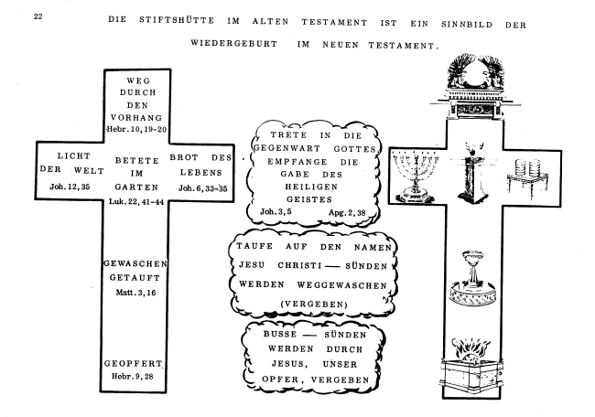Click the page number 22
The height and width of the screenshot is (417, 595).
(x=38, y=16)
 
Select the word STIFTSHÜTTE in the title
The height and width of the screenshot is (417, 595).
(x=177, y=20)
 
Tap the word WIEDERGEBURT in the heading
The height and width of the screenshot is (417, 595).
(x=234, y=43)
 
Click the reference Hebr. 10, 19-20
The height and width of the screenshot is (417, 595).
(x=137, y=129)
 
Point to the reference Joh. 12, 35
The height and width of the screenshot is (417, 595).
(x=70, y=187)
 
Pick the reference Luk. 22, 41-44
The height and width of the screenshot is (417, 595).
(x=136, y=202)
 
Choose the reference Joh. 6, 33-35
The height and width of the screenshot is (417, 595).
(x=203, y=188)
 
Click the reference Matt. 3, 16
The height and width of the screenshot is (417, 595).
(x=135, y=293)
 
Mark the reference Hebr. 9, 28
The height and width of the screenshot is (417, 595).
(x=133, y=376)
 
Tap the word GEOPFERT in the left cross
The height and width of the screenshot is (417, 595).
(x=134, y=363)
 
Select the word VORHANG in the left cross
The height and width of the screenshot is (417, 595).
(x=136, y=118)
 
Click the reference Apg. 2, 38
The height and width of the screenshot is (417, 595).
(x=347, y=212)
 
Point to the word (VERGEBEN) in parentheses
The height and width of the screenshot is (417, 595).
(x=314, y=304)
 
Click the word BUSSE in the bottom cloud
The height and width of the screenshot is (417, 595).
(x=280, y=334)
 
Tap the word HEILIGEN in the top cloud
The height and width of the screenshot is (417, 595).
(x=311, y=187)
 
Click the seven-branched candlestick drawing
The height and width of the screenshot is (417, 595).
(x=416, y=176)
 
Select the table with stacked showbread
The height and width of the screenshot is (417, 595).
(x=528, y=179)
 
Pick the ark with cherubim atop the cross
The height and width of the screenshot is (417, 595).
(x=475, y=88)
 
